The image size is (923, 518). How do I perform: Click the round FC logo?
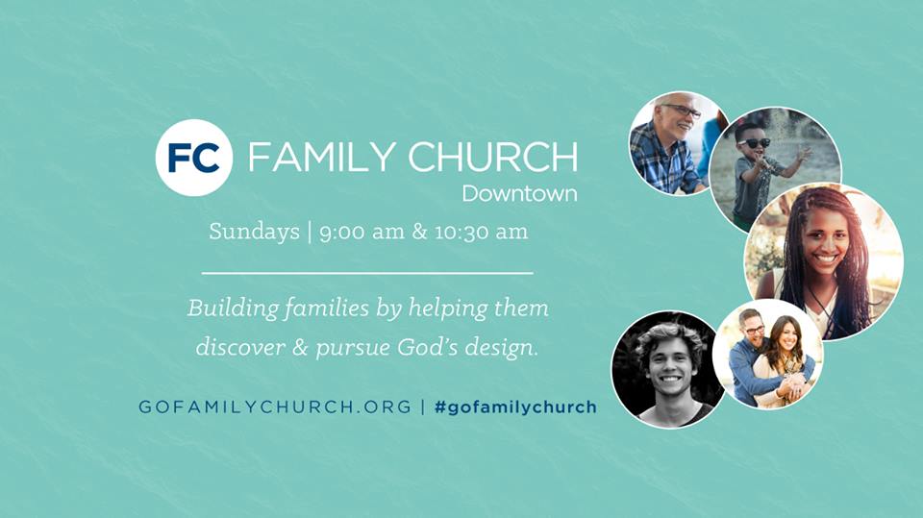pos(194,158)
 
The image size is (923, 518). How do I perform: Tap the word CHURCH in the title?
pos(492,158)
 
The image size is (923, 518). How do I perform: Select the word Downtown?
pos(519,193)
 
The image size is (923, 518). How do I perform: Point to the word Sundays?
pos(254,233)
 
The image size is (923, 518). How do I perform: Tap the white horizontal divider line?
pos(367,274)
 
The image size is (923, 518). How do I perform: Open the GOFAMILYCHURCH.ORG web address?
pos(274,407)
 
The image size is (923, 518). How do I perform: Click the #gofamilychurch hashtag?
pos(515,407)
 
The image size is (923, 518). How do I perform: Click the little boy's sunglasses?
pos(756,143)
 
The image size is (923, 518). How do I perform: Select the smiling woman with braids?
pos(822,259)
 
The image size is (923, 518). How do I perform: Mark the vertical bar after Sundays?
pos(309,233)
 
